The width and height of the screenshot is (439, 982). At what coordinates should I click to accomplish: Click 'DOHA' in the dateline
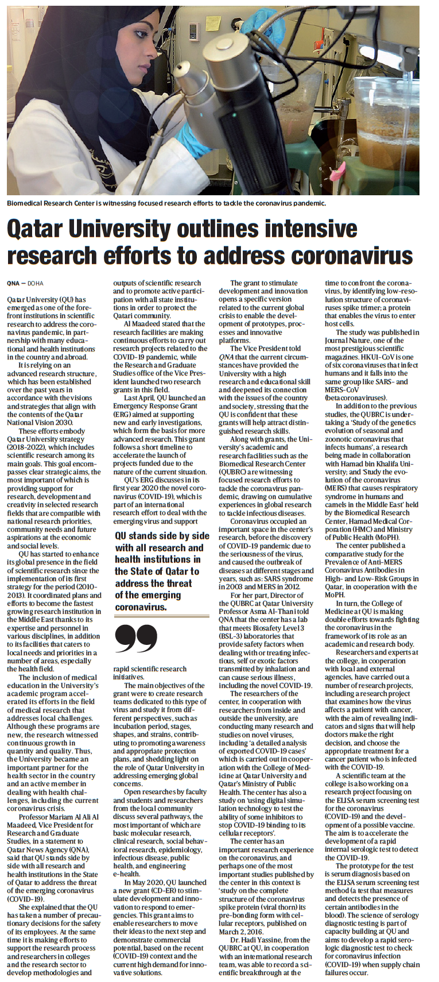click(36, 283)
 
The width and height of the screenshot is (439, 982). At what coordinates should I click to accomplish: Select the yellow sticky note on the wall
click(213, 22)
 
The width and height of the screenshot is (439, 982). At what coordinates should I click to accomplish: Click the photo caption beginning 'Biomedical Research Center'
click(166, 203)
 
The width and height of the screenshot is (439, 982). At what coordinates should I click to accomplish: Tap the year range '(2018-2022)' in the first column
click(29, 447)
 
